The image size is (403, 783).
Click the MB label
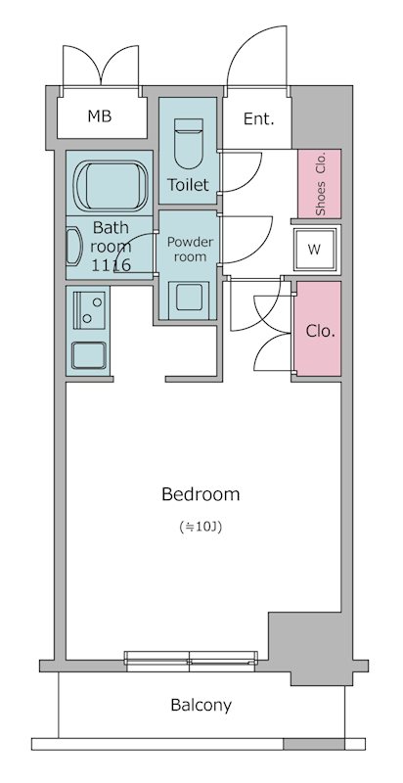pyautogui.click(x=100, y=117)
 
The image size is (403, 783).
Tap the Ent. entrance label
pyautogui.click(x=258, y=119)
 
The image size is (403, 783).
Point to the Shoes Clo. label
pyautogui.click(x=320, y=185)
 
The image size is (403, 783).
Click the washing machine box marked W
pyautogui.click(x=314, y=249)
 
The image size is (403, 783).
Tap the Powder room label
pyautogui.click(x=188, y=249)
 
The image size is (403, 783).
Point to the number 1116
pyautogui.click(x=111, y=264)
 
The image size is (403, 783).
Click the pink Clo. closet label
pyautogui.click(x=319, y=331)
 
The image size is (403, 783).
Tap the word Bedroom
pyautogui.click(x=201, y=494)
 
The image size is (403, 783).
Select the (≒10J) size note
pyautogui.click(x=201, y=528)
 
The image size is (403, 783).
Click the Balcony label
pyautogui.click(x=201, y=705)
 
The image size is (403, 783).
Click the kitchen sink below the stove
pyautogui.click(x=89, y=353)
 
